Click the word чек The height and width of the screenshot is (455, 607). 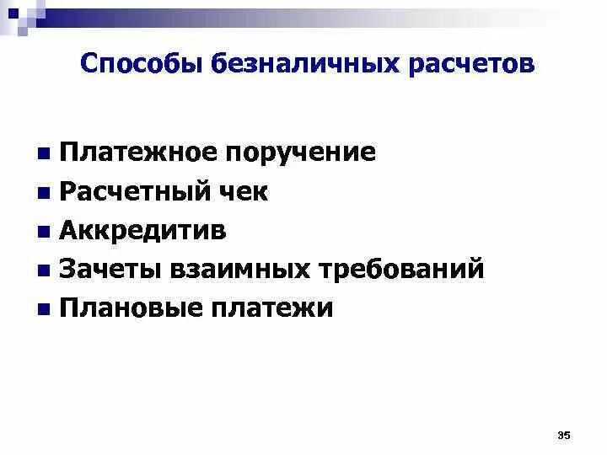coord(248,192)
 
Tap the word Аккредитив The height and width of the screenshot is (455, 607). coord(143,231)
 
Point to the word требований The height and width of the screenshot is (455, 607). coord(400,270)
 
